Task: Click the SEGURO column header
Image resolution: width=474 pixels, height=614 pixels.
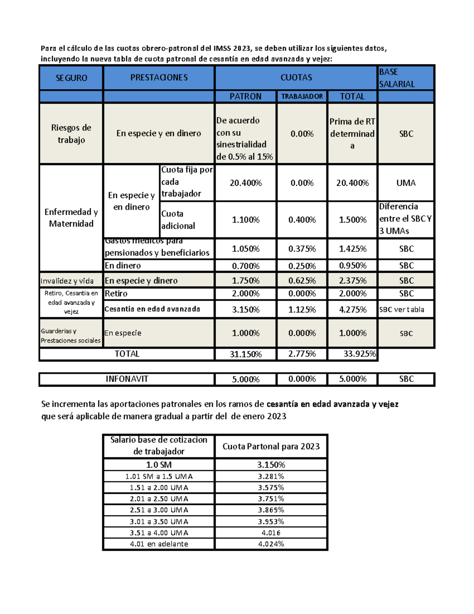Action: [x=71, y=78]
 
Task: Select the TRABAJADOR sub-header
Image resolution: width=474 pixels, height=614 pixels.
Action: [x=302, y=96]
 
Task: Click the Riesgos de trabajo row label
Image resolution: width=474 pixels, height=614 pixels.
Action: [x=71, y=134]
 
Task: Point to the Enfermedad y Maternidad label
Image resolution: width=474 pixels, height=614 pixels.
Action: [x=71, y=218]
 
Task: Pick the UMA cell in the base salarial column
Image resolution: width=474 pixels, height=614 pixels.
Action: [x=406, y=183]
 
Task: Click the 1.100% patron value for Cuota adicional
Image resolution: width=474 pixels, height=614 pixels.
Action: [x=245, y=220]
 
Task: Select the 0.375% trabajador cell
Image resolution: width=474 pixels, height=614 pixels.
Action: [x=302, y=249]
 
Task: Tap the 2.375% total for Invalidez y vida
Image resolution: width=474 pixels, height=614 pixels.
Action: [x=352, y=281]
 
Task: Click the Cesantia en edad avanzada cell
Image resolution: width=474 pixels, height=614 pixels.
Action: [x=152, y=309]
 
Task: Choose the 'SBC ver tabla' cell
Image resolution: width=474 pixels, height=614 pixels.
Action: [x=402, y=310]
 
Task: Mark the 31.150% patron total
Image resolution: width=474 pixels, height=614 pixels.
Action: [x=245, y=354]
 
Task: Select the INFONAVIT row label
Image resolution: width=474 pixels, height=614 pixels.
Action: [x=127, y=379]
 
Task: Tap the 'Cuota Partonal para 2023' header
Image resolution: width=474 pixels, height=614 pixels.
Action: [x=271, y=446]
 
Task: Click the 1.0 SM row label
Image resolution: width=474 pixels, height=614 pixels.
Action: [x=159, y=465]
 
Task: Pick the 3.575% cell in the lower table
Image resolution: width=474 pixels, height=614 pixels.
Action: [x=271, y=487]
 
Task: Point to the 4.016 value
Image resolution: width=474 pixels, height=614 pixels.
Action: [x=271, y=533]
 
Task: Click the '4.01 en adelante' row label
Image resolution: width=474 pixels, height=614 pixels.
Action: [x=159, y=544]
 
